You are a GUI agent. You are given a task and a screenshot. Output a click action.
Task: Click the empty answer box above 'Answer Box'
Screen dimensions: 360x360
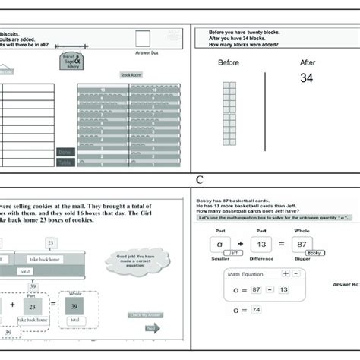(x=142, y=39)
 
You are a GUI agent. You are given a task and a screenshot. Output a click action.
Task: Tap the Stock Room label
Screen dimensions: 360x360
(x=131, y=74)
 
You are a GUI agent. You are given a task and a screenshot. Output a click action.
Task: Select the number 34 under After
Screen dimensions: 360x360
(x=306, y=77)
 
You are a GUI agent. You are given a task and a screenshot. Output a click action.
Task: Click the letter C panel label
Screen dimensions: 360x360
(x=199, y=180)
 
